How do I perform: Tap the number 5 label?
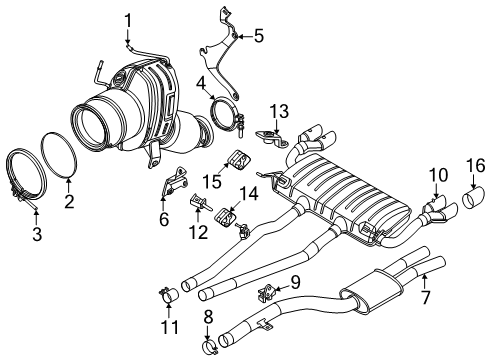258,37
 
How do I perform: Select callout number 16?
476,165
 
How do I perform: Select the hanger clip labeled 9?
268,291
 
